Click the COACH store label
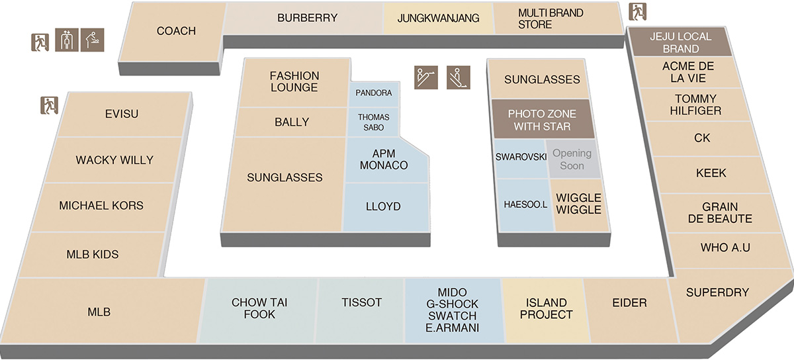[x=176, y=31]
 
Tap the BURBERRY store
[x=304, y=19]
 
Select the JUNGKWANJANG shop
[x=439, y=19]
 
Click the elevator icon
[x=67, y=40]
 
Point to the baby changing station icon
[x=92, y=40]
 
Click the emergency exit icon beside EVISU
[x=49, y=105]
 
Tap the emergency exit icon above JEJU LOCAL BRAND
[x=638, y=12]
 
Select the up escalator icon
[x=426, y=77]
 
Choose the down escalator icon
[x=459, y=77]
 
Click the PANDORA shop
[x=374, y=94]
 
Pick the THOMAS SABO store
[x=373, y=122]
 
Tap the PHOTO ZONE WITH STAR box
[x=543, y=119]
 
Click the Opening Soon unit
[x=573, y=159]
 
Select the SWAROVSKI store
[x=520, y=159]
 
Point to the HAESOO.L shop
[x=525, y=205]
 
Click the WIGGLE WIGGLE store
[x=579, y=205]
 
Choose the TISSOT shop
[x=361, y=310]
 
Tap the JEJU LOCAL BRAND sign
[x=681, y=42]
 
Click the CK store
[x=702, y=139]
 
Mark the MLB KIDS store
[x=92, y=255]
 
